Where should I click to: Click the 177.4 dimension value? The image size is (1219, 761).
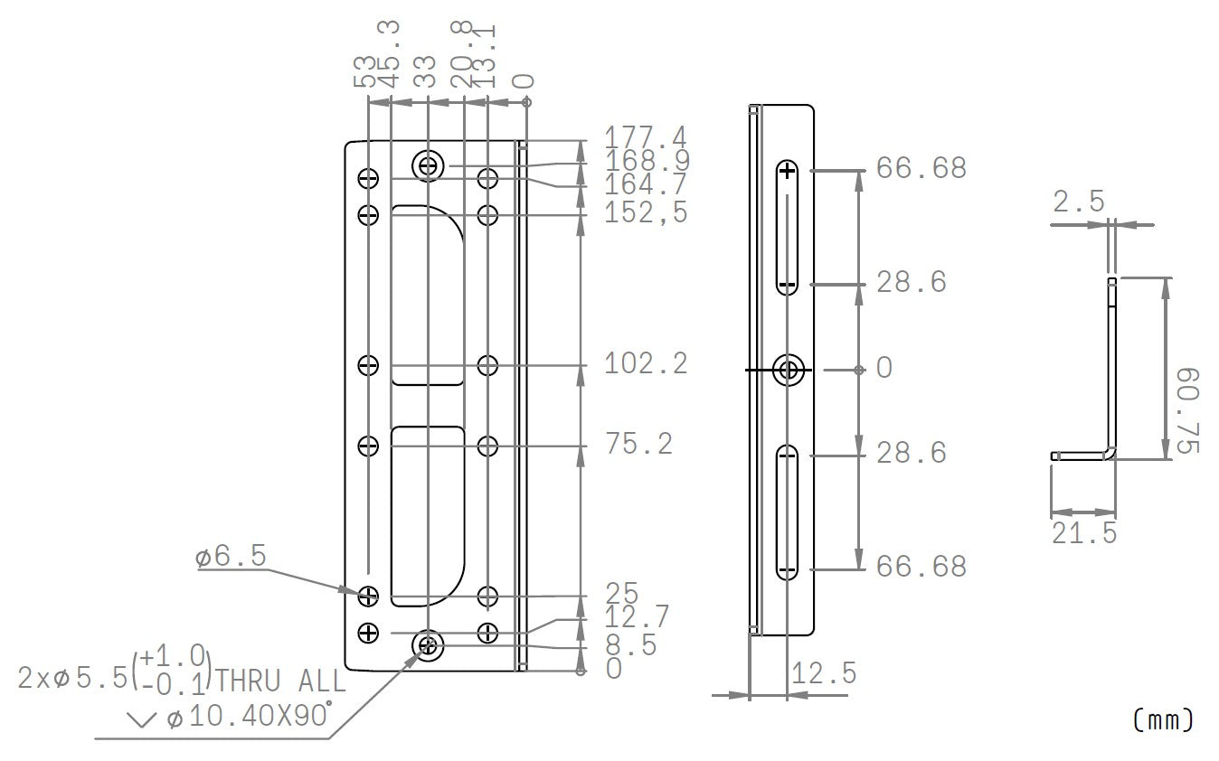645,138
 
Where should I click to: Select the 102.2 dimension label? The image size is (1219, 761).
645,364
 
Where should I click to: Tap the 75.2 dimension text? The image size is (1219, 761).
638,445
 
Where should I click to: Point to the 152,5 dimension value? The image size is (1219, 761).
645,213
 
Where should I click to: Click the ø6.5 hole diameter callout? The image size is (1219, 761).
231,558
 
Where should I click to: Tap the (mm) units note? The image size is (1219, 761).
1163,719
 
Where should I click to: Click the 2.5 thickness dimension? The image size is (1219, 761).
1079,202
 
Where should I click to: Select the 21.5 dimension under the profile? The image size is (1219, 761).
1083,533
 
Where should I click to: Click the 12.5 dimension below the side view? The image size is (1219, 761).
823,673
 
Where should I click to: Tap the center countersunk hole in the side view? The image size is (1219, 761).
789,370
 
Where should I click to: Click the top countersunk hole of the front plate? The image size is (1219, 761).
429,166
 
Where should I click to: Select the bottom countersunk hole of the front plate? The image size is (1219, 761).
428,645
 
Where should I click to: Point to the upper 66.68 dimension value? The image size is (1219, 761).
921,169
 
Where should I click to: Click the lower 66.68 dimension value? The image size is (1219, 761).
921,567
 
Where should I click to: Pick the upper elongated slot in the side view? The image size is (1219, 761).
787,228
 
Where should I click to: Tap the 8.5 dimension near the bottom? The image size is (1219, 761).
630,645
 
